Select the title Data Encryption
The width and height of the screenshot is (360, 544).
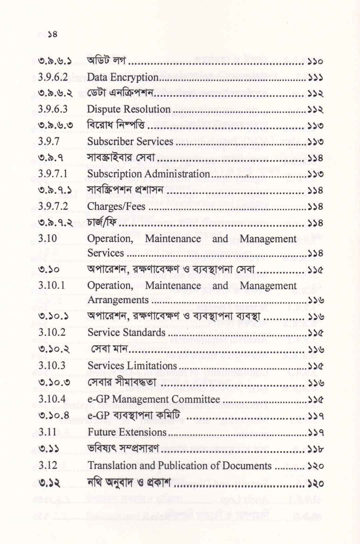[x=123, y=77]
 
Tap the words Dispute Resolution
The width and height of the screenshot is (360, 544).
[x=129, y=109]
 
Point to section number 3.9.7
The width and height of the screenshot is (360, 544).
[x=49, y=141]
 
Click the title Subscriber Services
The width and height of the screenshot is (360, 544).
[x=130, y=141]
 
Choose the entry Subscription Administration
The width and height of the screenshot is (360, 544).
[x=148, y=174]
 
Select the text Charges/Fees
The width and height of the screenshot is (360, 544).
[x=116, y=206]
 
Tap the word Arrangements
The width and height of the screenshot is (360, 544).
[x=118, y=300]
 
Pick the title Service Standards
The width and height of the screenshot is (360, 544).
[x=126, y=332]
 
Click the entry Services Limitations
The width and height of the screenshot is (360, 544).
[x=132, y=365]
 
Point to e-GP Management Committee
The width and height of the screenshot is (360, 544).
[x=154, y=399]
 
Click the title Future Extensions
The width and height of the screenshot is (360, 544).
[x=127, y=432]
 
